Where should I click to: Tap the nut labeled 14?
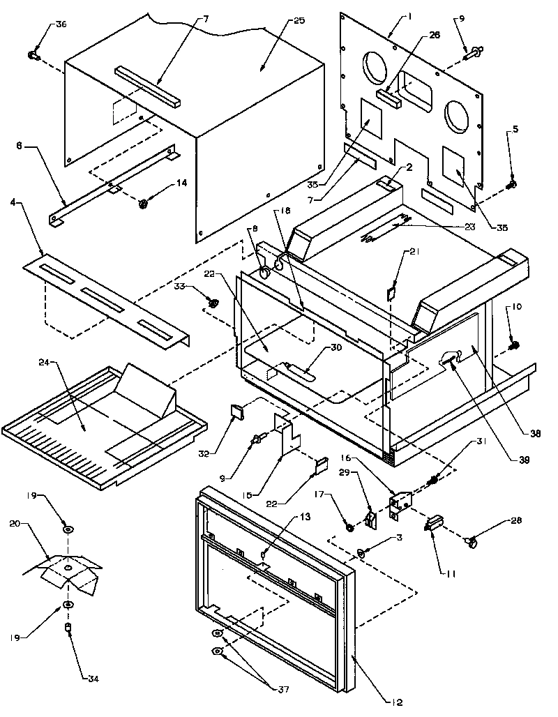click(142, 203)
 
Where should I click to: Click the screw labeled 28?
click(472, 539)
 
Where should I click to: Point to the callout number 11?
click(451, 573)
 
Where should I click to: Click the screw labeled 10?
click(514, 345)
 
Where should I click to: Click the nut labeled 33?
click(213, 302)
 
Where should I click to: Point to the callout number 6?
click(20, 145)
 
